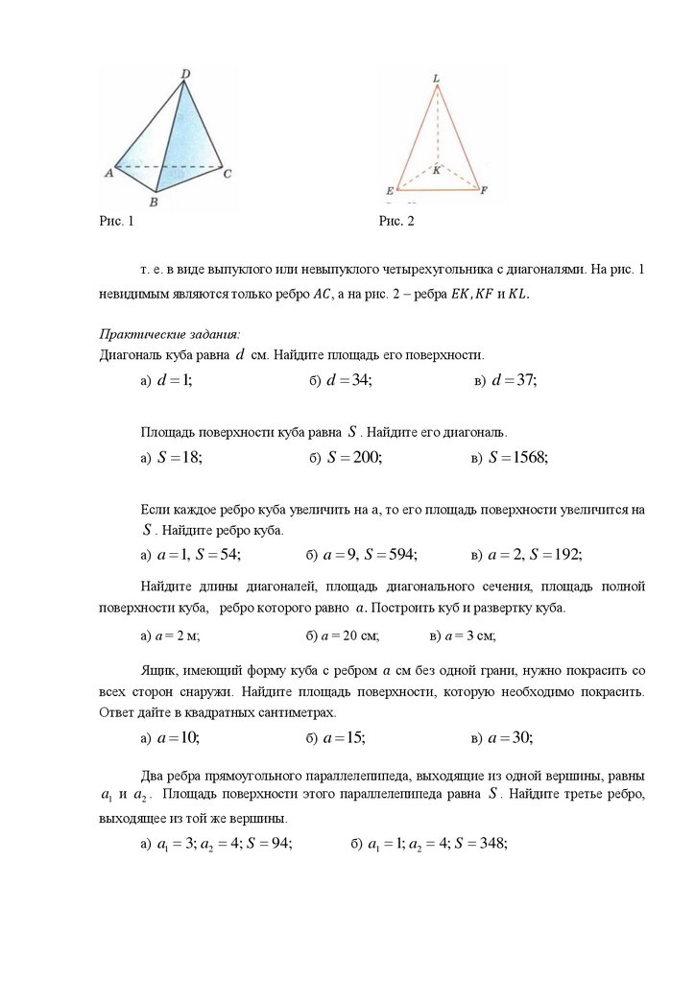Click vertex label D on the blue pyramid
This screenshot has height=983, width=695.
(x=183, y=73)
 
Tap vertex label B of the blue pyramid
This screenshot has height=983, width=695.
(x=154, y=203)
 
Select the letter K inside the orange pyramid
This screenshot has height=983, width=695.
(x=436, y=170)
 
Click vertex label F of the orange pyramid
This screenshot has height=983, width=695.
(x=484, y=190)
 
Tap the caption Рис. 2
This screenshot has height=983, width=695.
(x=396, y=223)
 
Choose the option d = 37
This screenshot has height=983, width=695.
(x=514, y=381)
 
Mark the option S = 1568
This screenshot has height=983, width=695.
(x=517, y=458)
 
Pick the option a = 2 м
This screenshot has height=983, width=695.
(x=176, y=635)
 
